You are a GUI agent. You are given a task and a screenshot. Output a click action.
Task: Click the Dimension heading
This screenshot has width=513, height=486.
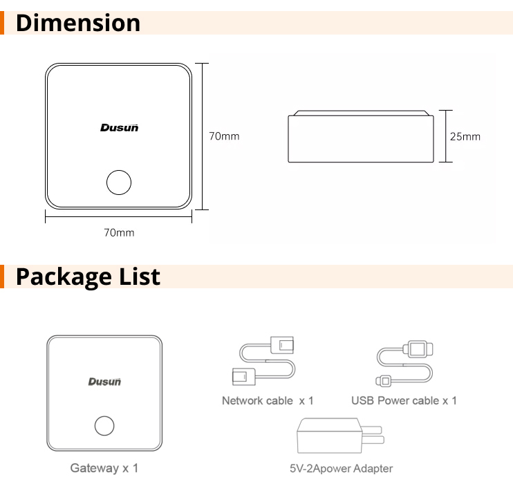77,23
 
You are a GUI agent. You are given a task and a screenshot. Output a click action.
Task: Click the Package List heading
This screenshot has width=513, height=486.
88,277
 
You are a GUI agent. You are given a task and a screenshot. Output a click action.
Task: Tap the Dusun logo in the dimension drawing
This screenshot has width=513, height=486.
120,127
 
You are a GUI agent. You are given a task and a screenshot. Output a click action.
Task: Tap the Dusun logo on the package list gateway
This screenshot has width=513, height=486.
104,381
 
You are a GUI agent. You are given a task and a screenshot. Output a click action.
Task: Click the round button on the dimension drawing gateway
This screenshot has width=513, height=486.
118,183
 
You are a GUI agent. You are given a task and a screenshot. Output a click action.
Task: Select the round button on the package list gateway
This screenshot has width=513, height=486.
104,425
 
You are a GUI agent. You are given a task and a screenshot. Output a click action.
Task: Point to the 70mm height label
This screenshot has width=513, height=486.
224,136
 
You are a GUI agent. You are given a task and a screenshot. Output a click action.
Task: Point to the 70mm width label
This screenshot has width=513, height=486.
119,232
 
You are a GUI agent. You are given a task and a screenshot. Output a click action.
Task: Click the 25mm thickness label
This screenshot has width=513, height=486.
465,136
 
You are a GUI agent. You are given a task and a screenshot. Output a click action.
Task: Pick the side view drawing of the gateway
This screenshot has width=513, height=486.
360,137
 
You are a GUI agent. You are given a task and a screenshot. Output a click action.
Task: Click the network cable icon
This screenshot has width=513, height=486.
266,360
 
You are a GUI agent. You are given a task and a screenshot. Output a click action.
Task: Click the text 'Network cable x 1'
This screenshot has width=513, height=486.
268,400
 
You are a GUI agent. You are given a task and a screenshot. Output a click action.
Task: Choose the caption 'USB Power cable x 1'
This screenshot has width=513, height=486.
404,400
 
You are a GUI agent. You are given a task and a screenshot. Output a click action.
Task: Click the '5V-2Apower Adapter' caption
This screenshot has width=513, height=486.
341,468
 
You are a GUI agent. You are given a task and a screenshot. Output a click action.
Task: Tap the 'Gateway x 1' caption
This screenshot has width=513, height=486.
104,468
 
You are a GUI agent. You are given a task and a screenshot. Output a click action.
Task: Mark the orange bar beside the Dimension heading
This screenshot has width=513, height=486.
3,23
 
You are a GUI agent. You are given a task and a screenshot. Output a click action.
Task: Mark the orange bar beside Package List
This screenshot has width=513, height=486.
3,277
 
